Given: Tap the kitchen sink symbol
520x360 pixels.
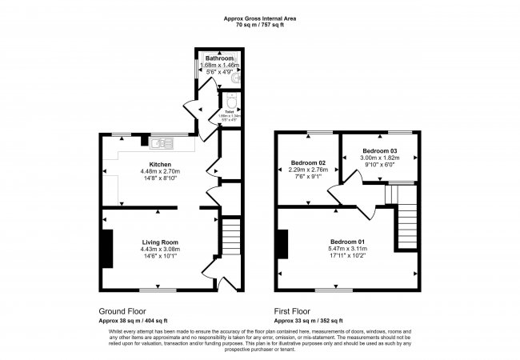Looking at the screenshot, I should [x=161, y=143].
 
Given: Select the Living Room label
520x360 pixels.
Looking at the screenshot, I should [x=160, y=242].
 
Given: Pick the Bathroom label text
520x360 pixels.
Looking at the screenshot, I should [x=219, y=58].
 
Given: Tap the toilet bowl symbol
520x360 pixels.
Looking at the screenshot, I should [x=231, y=103].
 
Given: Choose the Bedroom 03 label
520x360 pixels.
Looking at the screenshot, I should [x=379, y=150].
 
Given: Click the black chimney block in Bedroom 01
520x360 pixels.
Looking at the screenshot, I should [x=282, y=243].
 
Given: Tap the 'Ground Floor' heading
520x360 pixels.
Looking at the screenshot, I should [x=122, y=310].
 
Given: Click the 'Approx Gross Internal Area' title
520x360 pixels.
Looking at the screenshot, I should [x=260, y=18].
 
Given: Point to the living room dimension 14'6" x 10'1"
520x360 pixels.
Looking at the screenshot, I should [x=160, y=257].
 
